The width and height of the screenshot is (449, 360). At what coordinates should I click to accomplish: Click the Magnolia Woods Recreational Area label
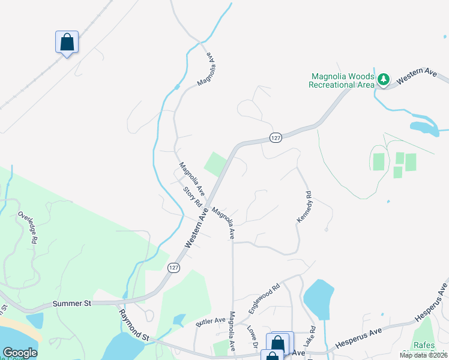(342, 80)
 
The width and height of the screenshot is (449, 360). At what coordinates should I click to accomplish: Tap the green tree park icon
(383, 80)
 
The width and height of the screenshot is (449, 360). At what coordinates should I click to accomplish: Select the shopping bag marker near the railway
(67, 43)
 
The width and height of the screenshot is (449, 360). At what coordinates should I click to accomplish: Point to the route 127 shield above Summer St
(173, 268)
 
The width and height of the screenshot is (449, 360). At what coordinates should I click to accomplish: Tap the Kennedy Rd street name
(305, 208)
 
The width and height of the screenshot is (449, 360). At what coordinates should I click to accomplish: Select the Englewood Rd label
(265, 296)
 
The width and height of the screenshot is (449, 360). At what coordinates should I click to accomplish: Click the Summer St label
(71, 304)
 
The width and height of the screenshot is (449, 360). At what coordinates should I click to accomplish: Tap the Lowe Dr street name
(252, 337)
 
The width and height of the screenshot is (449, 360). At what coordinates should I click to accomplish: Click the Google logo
(20, 353)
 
